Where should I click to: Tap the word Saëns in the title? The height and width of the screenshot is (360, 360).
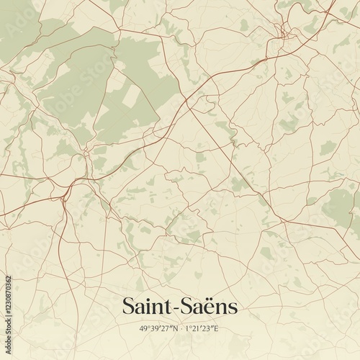tap(209, 306)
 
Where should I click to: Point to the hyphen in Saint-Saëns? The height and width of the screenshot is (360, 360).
tap(176, 308)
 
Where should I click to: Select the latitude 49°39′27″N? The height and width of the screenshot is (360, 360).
tap(158, 328)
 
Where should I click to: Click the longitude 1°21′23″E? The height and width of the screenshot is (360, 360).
tap(202, 328)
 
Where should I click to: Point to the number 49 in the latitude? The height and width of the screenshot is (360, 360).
tap(143, 328)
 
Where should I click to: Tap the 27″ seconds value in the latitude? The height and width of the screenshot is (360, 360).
tap(165, 328)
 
